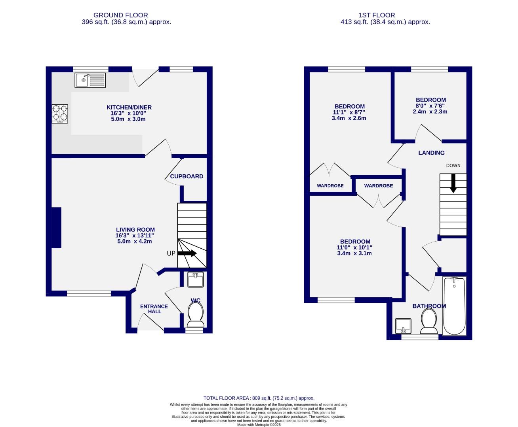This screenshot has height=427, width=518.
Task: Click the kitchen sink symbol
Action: [90, 80]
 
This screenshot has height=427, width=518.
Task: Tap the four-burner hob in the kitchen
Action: [60, 113]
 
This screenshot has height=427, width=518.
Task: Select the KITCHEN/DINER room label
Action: [129, 108]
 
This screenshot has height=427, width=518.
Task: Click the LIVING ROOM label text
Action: [135, 230]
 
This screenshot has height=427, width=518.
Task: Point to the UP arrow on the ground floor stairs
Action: [187, 253]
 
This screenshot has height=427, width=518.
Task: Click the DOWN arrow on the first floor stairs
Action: [453, 184]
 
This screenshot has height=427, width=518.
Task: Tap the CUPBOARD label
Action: [187, 176]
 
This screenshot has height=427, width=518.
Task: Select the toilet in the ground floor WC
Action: [195, 315]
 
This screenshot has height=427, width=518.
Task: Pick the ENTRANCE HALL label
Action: [154, 309]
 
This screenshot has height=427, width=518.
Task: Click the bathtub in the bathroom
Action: [454, 306]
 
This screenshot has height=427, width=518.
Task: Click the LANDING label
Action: [431, 153]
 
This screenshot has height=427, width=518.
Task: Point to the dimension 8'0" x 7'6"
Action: [430, 106]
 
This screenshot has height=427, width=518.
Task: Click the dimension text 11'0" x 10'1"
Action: [355, 248]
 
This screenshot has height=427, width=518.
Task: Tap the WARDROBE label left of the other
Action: [330, 186]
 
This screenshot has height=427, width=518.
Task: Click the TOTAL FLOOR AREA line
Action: [259, 398]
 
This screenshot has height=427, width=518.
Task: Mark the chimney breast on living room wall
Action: [56, 228]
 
